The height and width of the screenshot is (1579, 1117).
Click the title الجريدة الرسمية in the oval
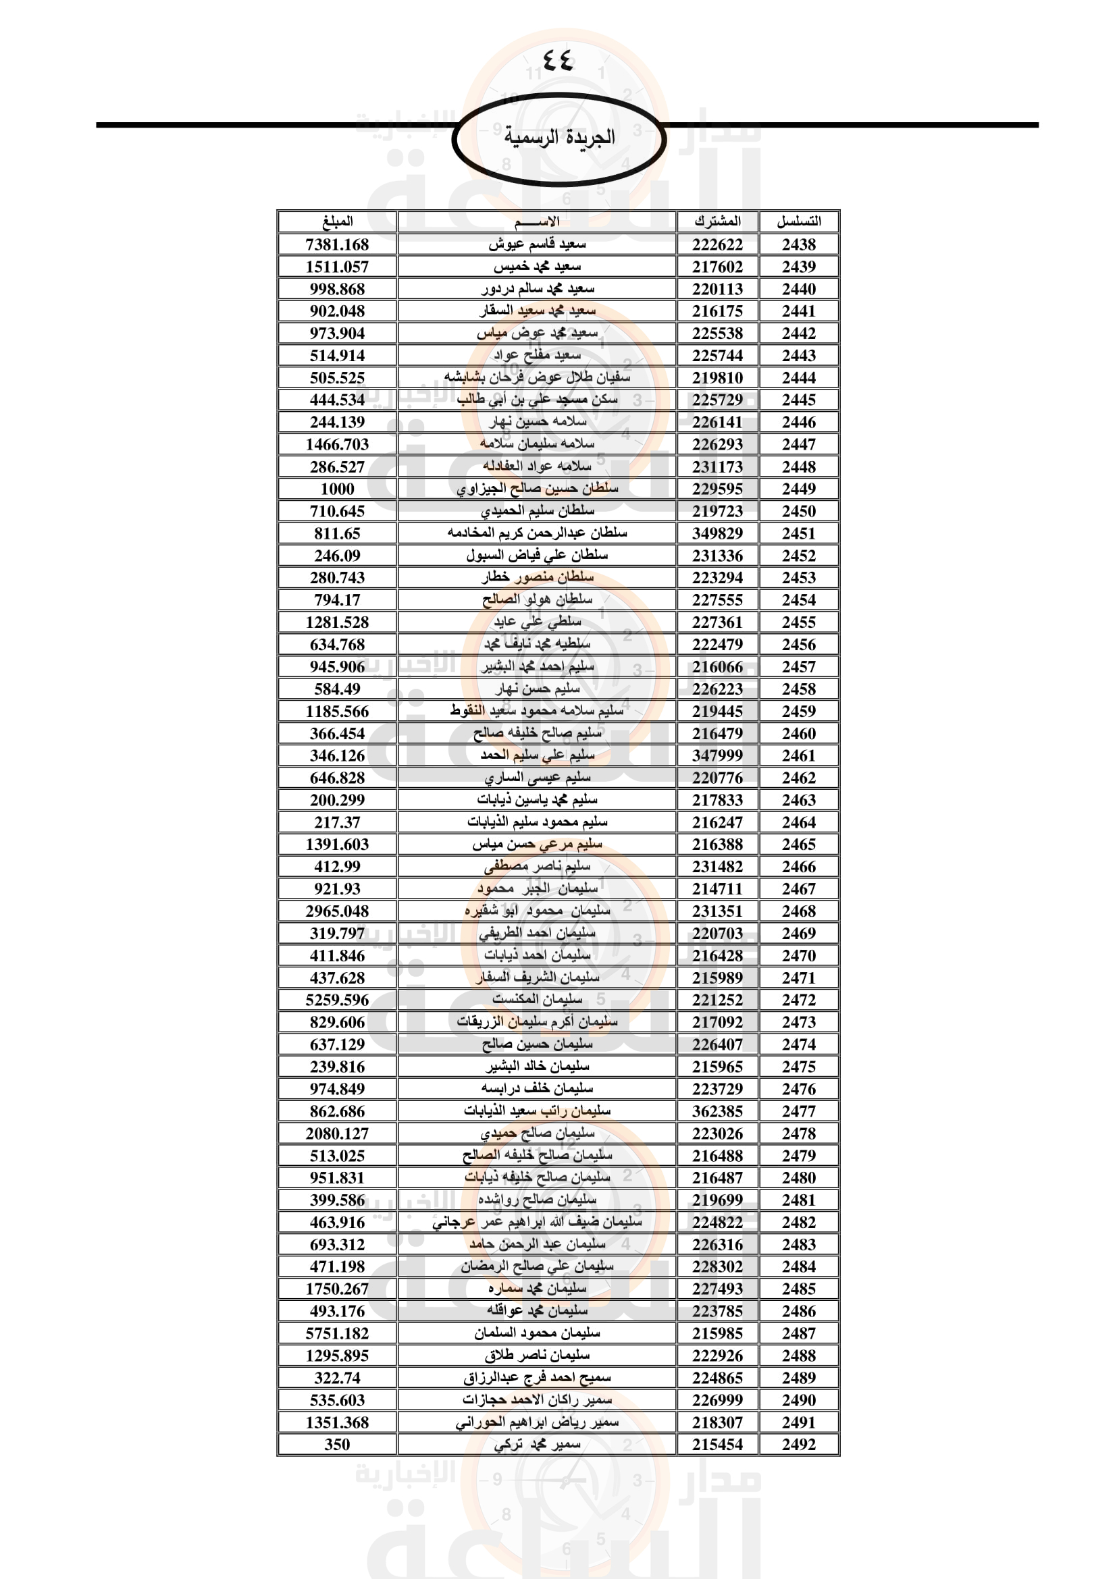point(559,137)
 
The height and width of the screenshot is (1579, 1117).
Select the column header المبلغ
point(337,221)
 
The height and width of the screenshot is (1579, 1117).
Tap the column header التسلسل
point(798,221)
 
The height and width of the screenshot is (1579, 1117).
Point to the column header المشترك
point(717,221)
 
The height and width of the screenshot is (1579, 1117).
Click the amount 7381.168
point(337,245)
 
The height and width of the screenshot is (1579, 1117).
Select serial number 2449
point(798,489)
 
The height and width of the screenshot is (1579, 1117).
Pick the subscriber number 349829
point(717,534)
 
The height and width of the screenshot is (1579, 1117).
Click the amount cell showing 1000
point(337,489)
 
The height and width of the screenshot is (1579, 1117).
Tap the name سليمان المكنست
point(537,999)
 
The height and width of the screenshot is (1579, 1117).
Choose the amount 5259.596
point(337,1000)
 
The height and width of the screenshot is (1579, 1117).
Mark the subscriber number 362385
point(717,1111)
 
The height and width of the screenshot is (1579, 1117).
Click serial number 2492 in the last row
point(798,1445)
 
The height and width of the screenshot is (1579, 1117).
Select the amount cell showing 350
point(337,1445)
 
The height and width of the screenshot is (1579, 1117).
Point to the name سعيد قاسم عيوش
point(537,244)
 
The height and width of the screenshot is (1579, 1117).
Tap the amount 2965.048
point(337,911)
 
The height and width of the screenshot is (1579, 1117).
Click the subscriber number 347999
point(717,756)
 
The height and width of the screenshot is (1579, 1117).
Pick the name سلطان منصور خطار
point(537,578)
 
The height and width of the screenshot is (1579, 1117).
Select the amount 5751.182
point(337,1333)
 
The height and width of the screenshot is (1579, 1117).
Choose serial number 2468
point(798,911)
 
